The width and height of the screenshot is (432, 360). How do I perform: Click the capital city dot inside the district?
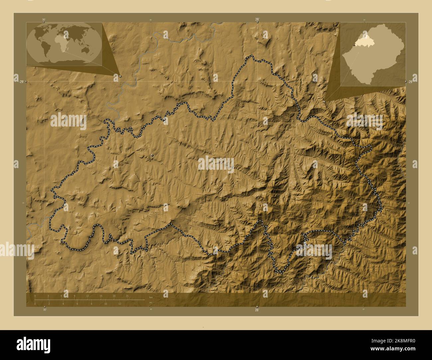[x=153, y=155]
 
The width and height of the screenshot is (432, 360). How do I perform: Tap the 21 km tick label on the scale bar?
[x=127, y=296]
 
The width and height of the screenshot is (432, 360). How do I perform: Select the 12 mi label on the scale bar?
[x=120, y=304]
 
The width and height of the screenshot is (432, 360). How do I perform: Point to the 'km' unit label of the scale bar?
[x=151, y=297]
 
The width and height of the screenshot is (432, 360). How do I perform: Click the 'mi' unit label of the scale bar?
[x=151, y=303]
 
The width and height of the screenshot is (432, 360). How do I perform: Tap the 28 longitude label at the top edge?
[x=257, y=19]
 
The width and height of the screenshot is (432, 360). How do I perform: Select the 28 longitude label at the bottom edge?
[x=257, y=310]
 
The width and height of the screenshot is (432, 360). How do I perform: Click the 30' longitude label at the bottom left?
[x=44, y=310]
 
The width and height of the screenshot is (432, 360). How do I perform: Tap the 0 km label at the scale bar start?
[x=35, y=296]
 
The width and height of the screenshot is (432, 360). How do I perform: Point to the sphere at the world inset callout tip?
[x=120, y=76]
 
